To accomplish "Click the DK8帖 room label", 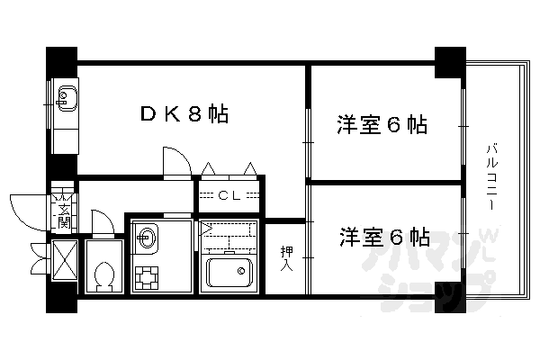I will click(183, 114).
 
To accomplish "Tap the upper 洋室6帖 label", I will click(382, 124).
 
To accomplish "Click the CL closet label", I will click(230, 194).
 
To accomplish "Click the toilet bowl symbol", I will click(103, 274).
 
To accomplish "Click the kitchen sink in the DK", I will click(67, 94).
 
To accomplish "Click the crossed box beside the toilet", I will click(63, 261).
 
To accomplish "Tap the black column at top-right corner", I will click(447, 60).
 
